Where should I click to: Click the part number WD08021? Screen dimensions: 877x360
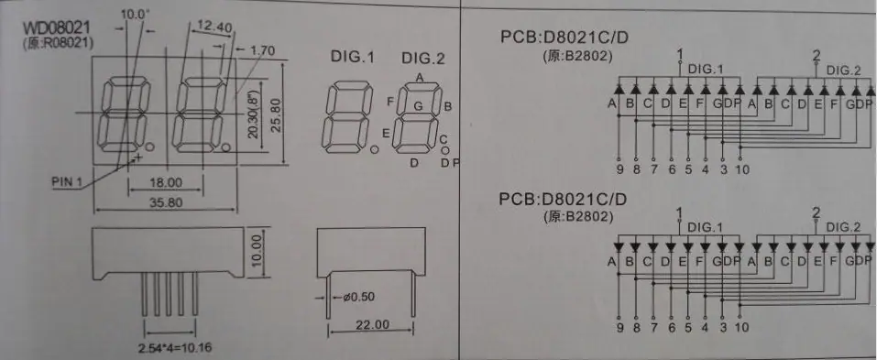click(56, 28)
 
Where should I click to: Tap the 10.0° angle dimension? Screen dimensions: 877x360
click(133, 14)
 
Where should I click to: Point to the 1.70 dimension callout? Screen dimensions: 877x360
click(262, 51)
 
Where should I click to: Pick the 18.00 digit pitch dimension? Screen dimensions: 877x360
click(166, 183)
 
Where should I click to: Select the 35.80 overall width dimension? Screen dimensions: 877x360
click(166, 202)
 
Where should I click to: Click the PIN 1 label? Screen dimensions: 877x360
click(67, 181)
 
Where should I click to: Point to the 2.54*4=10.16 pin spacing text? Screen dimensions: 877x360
click(175, 349)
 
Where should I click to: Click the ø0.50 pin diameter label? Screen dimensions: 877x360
click(358, 297)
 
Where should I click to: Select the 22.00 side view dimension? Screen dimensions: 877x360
click(372, 324)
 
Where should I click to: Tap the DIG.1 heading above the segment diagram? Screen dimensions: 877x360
click(353, 57)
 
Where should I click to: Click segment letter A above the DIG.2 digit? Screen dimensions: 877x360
click(419, 78)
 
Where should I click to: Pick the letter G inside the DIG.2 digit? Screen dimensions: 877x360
click(418, 104)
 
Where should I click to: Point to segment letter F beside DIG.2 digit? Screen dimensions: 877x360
click(390, 101)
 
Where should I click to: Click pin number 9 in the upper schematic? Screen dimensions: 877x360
click(619, 169)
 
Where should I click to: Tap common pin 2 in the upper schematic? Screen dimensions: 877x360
click(816, 55)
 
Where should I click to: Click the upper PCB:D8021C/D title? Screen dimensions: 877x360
click(565, 38)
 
